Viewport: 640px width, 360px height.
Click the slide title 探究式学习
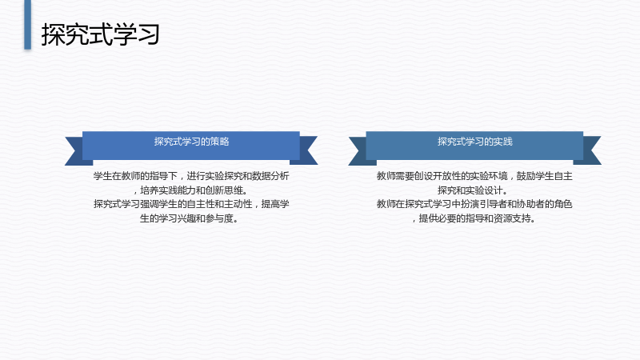coord(100,34)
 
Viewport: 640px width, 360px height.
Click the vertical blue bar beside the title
coord(28,25)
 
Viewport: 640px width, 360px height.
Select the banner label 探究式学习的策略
coord(191,142)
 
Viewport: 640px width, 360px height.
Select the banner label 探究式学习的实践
coord(475,142)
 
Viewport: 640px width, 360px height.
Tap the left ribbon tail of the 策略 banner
coord(76,151)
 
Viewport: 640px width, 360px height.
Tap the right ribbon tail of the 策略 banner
coord(306,150)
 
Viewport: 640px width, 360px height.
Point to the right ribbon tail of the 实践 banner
coord(590,150)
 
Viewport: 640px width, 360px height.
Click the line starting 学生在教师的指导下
coord(191,176)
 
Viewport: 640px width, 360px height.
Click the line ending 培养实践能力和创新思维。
coord(191,190)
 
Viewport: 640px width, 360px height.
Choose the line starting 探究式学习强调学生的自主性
coord(191,204)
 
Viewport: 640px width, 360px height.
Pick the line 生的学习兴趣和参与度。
coord(189,218)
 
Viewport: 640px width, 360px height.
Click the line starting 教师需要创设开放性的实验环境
coord(474,176)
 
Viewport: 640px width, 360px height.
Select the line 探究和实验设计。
coord(473,190)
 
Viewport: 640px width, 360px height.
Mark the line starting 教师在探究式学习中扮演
coord(474,204)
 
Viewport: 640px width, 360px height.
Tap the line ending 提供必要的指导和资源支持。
coord(474,218)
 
